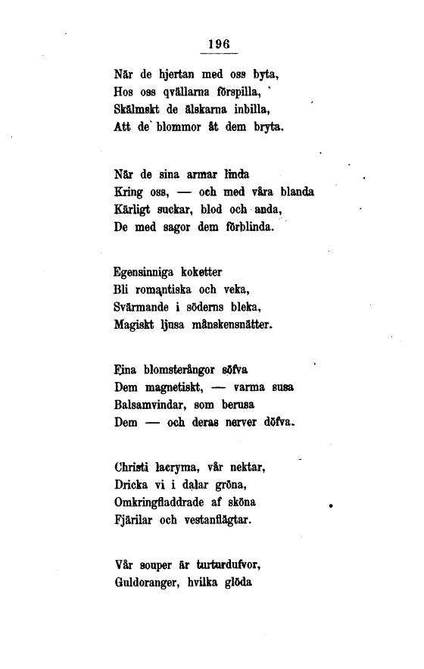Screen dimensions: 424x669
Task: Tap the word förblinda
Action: pos(254,226)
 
